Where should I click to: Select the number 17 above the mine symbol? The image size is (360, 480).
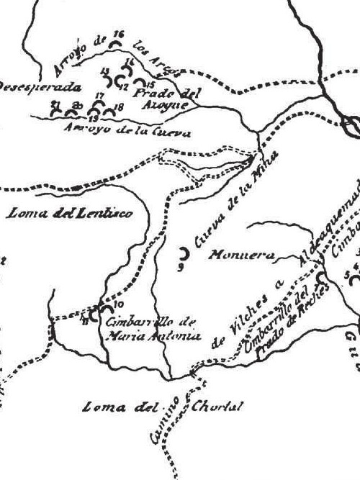pyautogui.click(x=99, y=96)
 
